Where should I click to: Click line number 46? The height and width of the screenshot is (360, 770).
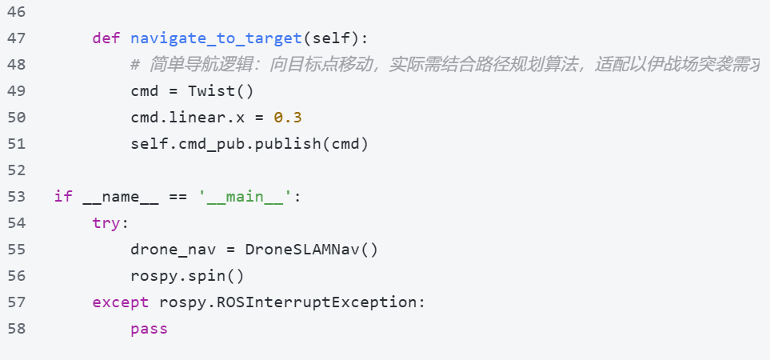16,12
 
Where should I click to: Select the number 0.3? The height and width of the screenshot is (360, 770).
288,118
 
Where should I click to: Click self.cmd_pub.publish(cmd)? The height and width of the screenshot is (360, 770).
249,144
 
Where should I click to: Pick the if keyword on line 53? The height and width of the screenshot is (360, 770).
63,197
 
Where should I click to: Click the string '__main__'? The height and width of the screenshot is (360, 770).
245,197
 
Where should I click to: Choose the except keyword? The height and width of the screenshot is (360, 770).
121,302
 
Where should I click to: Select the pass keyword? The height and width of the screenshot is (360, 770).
150,329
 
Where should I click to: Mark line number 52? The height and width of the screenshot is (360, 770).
16,170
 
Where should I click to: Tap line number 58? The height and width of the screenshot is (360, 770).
16,329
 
